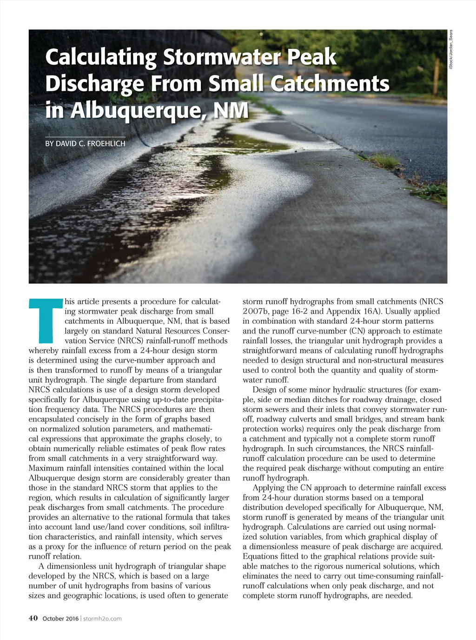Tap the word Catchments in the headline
click(x=330, y=84)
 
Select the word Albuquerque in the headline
click(x=131, y=111)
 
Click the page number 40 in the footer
click(x=33, y=618)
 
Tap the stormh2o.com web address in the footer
click(x=102, y=619)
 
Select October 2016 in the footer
click(x=60, y=619)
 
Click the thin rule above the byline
click(x=85, y=137)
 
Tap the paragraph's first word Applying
click(x=269, y=488)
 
